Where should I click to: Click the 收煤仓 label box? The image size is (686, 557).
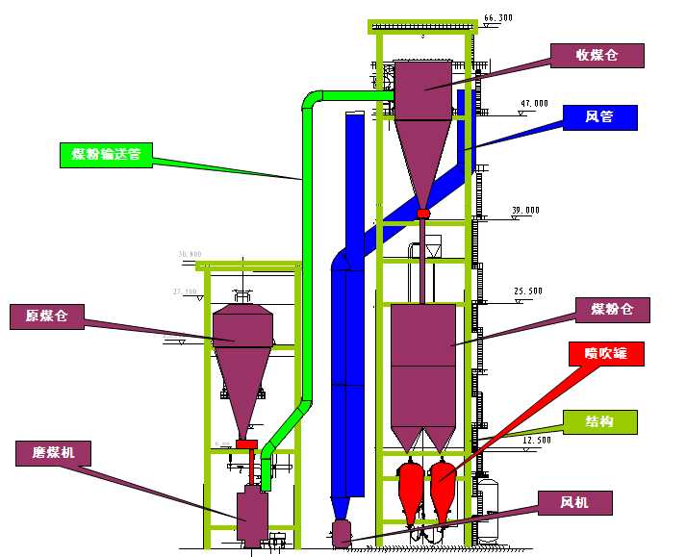pos(596,55)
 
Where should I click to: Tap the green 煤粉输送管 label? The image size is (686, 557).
pos(105,155)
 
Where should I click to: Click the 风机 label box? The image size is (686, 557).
pos(573,501)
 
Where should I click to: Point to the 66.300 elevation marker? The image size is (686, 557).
pos(497,17)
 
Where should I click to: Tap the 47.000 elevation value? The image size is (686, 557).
pos(533,103)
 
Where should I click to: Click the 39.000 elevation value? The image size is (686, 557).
pos(525,210)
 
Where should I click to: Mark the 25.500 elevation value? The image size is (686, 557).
pos(528,291)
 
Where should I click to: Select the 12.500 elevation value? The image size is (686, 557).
pos(536,440)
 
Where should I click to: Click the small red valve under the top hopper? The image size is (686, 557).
pos(423,213)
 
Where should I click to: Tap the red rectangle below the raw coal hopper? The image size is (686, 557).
pos(247,443)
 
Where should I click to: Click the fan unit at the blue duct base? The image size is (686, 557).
pos(341,533)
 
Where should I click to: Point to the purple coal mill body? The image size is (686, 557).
pos(252,515)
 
